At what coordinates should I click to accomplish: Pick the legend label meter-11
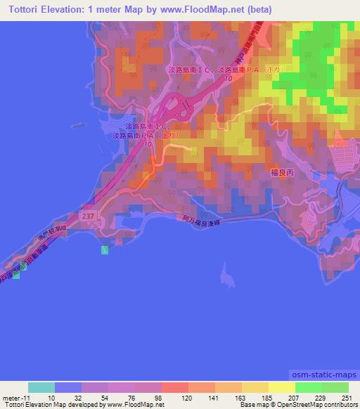(x=15, y=398)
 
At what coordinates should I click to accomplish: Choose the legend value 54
(x=96, y=398)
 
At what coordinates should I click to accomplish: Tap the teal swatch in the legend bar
(x=41, y=387)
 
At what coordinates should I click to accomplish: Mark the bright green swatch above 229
(x=308, y=387)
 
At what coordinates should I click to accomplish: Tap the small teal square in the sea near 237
(x=105, y=250)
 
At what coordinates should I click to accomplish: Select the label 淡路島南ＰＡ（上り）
(x=141, y=134)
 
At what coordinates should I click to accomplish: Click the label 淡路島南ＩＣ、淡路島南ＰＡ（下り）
(x=228, y=71)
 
